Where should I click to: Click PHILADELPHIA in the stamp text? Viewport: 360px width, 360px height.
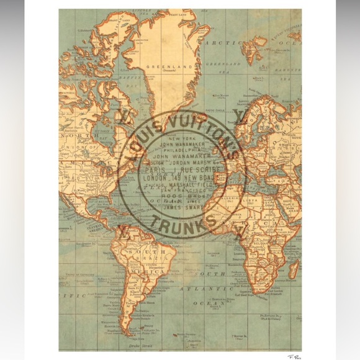click(x=181, y=151)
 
